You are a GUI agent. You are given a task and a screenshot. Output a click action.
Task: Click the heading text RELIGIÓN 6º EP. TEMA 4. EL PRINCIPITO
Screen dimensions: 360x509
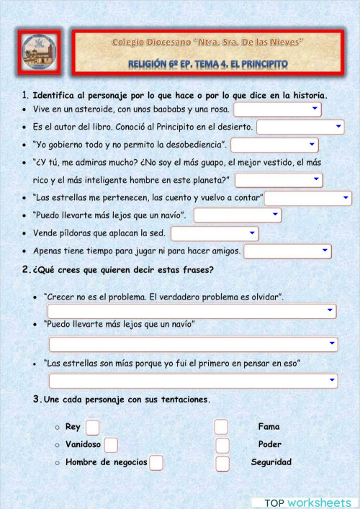207,64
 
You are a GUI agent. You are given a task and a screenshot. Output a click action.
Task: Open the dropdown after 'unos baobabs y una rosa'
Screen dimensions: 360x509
277,109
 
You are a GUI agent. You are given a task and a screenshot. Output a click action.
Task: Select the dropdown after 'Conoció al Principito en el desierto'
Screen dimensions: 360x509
300,127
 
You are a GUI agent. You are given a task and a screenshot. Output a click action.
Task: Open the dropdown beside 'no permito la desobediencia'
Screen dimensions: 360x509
274,145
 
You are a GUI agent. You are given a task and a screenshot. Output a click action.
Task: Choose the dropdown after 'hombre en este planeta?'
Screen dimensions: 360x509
279,180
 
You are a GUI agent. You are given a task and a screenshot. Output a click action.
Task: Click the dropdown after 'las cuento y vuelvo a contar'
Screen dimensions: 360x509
307,198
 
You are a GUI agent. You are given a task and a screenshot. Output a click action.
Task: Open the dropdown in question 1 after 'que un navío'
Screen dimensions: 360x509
238,215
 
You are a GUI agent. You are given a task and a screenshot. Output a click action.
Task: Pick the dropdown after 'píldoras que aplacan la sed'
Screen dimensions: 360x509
215,233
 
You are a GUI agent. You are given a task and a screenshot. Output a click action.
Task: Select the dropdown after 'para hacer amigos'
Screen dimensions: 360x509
287,251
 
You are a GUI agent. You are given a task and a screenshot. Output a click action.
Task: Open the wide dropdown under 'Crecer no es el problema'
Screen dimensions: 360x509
192,310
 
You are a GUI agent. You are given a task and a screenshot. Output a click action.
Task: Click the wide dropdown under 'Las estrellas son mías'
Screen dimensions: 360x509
192,381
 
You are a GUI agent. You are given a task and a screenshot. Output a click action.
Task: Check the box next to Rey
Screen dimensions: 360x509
92,427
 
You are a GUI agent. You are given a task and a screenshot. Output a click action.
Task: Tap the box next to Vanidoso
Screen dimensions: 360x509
111,445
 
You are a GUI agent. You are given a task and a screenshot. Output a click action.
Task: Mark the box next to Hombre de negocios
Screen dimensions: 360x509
156,462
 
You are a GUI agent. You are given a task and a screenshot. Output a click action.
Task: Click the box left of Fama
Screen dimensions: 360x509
221,427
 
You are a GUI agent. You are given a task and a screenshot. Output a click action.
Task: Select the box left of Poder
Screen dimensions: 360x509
222,445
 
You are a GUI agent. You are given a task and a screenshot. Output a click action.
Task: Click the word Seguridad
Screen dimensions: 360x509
271,462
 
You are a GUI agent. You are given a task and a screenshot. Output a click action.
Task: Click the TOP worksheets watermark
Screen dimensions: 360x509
307,502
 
